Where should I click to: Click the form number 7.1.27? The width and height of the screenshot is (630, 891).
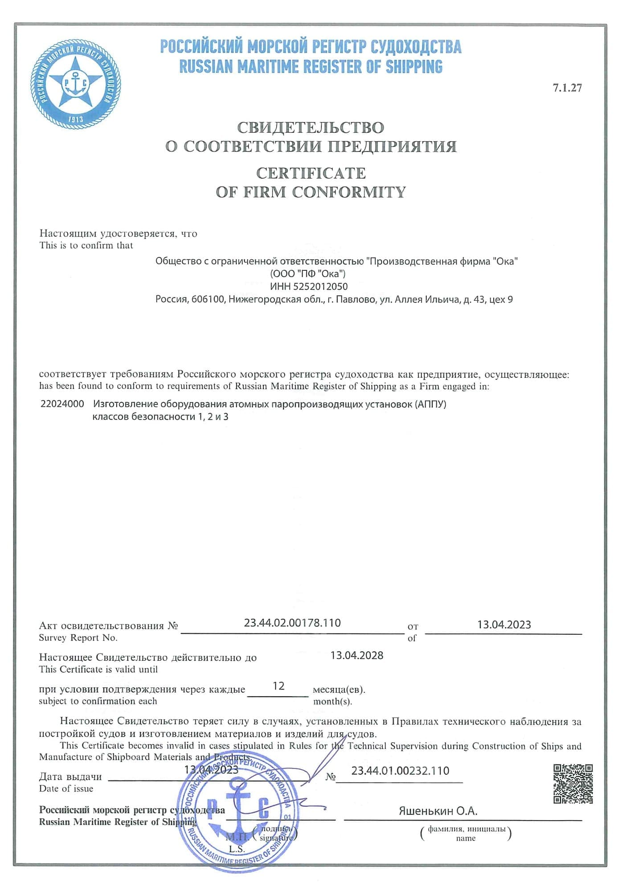click(567, 88)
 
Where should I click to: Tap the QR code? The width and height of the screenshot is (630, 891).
click(573, 784)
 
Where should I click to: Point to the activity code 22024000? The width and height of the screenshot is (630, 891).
click(62, 404)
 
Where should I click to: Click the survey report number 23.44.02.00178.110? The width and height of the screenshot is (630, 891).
click(292, 623)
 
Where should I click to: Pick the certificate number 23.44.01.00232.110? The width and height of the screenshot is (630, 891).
click(400, 771)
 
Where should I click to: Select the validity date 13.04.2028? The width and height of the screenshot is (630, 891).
click(357, 655)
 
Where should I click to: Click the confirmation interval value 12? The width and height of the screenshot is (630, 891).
click(278, 686)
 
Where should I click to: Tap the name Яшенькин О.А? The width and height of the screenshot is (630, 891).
click(438, 811)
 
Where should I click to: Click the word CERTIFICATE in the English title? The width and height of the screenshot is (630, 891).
click(311, 173)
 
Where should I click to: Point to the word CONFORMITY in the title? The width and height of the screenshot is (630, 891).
click(349, 192)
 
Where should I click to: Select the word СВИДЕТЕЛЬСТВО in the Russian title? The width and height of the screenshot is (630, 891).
click(311, 128)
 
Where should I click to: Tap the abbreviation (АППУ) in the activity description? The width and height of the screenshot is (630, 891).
click(430, 405)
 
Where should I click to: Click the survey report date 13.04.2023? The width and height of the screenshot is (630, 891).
click(504, 625)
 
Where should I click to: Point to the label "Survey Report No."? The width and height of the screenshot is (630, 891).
click(78, 638)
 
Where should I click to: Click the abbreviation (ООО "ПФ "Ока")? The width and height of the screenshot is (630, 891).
click(307, 274)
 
